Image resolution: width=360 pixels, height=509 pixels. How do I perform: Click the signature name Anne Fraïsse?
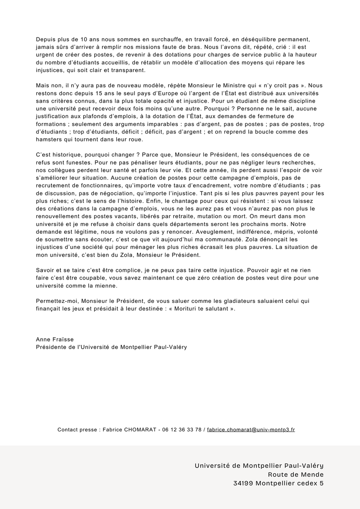tap(54, 339)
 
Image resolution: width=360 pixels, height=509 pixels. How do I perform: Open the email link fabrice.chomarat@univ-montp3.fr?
tap(251, 429)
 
